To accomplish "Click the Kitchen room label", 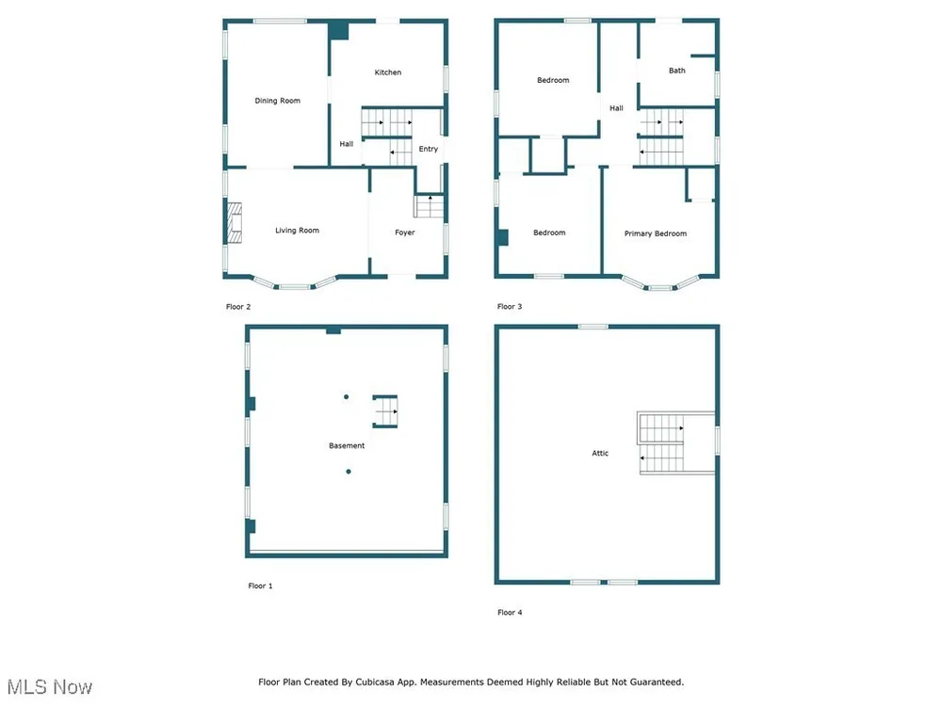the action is [387, 72].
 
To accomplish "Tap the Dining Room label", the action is [277, 101].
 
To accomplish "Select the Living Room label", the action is [297, 230].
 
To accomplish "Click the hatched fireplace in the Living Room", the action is [235, 223].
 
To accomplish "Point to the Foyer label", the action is [404, 233].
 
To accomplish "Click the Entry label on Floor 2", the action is [429, 149].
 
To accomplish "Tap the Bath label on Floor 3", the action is [677, 71].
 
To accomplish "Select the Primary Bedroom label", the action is [655, 233].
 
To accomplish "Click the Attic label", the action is [600, 454].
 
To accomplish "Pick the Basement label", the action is [347, 445].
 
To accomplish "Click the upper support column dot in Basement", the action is [346, 397].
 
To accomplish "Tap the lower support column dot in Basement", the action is [349, 472].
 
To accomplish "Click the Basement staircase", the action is [385, 411].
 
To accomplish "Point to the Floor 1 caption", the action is [260, 586].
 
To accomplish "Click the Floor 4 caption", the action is [510, 613].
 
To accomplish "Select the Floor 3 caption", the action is [510, 306].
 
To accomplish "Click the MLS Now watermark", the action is [50, 687].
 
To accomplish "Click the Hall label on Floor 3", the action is [616, 108].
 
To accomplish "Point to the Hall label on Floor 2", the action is [346, 144].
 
